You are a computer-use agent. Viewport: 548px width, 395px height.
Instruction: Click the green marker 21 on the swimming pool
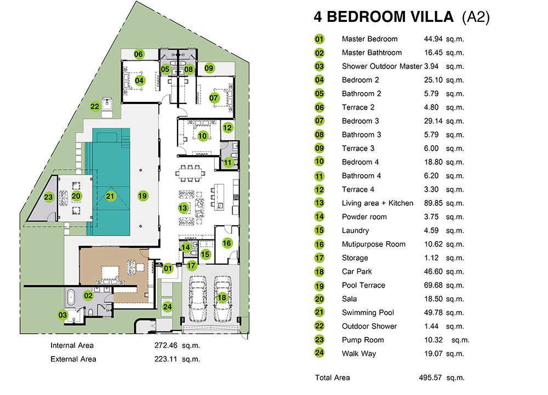[x=110, y=196]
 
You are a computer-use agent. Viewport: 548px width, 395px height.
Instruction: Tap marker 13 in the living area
[x=183, y=208]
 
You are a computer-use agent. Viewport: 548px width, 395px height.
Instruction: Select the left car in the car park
[x=197, y=299]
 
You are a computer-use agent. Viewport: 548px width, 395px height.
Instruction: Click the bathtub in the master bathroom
[x=71, y=297]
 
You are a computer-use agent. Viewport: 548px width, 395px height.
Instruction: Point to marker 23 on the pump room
[x=48, y=197]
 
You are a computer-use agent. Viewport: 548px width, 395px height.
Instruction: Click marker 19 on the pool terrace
[x=142, y=196]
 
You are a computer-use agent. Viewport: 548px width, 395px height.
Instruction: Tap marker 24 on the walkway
[x=167, y=307]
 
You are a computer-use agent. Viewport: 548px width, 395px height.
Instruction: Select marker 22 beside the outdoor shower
[x=95, y=106]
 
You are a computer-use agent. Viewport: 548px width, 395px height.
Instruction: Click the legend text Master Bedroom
[x=369, y=39]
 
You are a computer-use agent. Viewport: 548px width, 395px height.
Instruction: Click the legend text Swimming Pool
[x=368, y=313]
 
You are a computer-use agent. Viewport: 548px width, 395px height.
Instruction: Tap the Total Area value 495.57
[x=430, y=377]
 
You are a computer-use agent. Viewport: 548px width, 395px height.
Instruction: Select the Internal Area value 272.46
[x=166, y=345]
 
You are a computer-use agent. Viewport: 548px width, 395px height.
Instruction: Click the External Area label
[x=73, y=359]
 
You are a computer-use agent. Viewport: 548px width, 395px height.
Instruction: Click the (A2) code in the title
[x=476, y=17]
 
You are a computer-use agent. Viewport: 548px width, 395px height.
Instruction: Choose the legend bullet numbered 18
[x=319, y=272]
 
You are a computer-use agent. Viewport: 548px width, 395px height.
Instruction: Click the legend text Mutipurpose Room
[x=374, y=244]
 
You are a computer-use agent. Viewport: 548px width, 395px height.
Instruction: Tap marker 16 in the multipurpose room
[x=227, y=243]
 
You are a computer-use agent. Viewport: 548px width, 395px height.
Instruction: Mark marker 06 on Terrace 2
[x=139, y=54]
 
